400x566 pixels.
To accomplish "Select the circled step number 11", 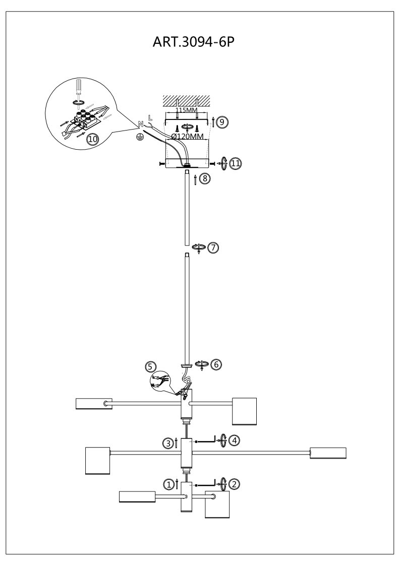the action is point(236,163).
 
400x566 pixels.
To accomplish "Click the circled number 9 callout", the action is point(222,122).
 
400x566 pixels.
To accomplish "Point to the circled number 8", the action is point(205,178).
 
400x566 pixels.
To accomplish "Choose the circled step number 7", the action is point(213,247).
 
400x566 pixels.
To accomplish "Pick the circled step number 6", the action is point(216,364).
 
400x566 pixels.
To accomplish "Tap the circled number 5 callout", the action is point(150,367).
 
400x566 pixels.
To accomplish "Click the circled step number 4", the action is point(235,441).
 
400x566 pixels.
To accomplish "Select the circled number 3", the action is point(168,443).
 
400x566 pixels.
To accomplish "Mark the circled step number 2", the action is point(235,484).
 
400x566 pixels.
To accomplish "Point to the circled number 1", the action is point(168,484).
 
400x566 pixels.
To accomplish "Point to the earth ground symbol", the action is point(139,137).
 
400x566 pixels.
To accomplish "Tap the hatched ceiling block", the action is point(187,101).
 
